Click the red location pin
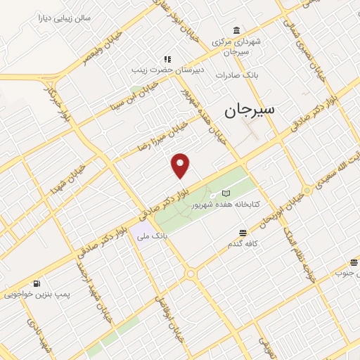pos(181,165)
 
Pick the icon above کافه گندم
pos(243,233)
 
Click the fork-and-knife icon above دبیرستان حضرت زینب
pos(167,60)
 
